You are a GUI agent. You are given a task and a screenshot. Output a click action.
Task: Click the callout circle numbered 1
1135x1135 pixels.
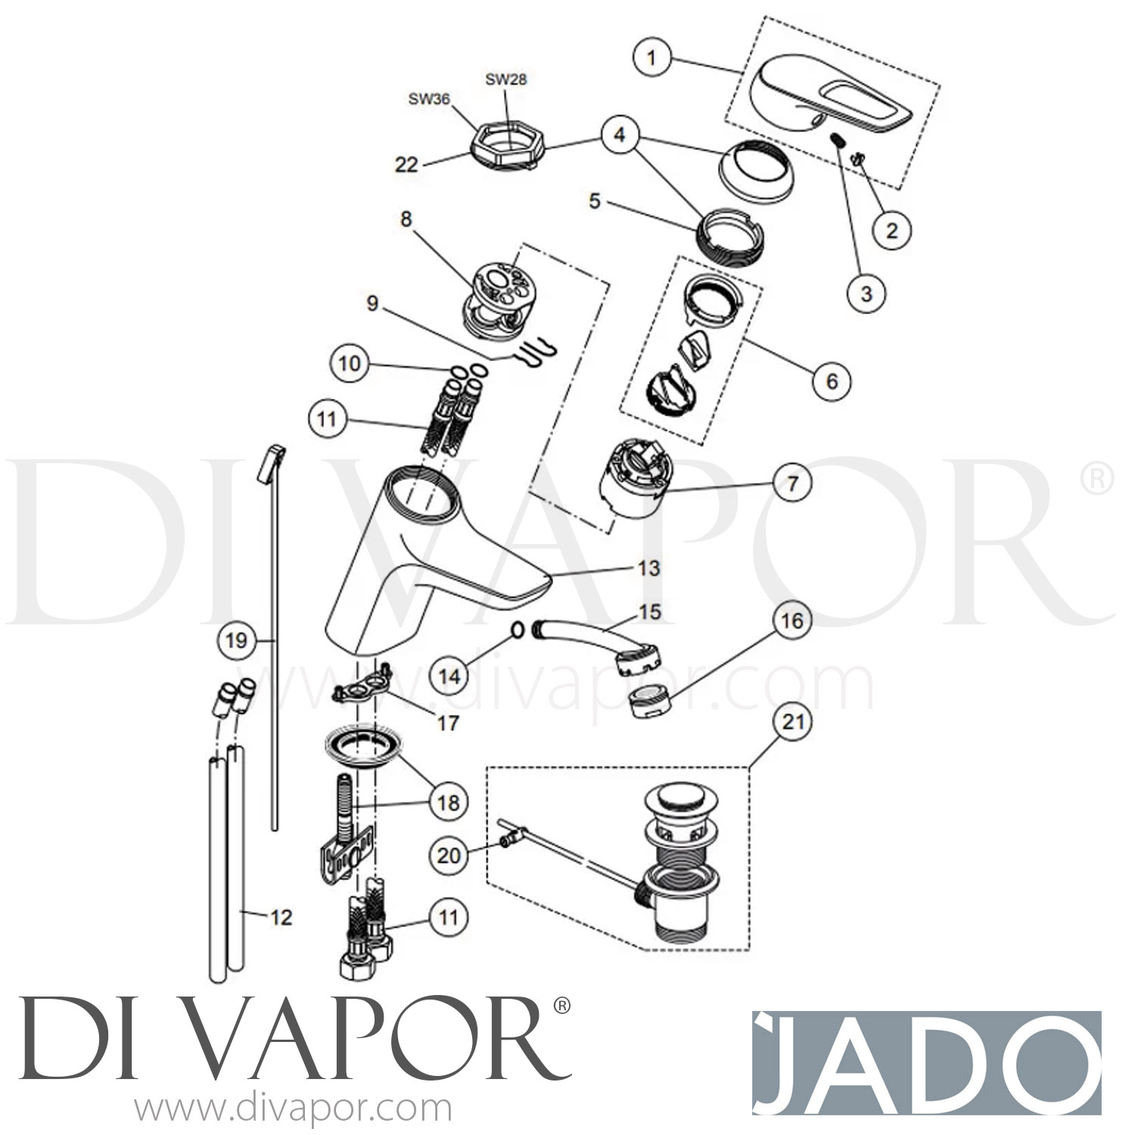pyautogui.click(x=652, y=57)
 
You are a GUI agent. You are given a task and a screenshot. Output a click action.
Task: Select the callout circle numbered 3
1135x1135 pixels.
pyautogui.click(x=866, y=293)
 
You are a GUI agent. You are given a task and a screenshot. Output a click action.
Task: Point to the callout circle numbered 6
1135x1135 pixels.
pyautogui.click(x=832, y=381)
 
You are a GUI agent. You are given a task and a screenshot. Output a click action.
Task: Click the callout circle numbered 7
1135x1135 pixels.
pyautogui.click(x=792, y=482)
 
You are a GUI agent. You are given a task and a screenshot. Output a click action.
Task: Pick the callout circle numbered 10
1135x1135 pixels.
pyautogui.click(x=350, y=364)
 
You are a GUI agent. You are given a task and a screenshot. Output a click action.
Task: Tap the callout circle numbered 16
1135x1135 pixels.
pyautogui.click(x=791, y=622)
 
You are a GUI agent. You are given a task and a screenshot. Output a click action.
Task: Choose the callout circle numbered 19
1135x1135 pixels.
pyautogui.click(x=236, y=641)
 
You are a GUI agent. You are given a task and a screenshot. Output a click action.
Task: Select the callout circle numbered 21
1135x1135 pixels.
pyautogui.click(x=792, y=723)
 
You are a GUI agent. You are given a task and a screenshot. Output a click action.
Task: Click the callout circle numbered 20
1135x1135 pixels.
pyautogui.click(x=449, y=855)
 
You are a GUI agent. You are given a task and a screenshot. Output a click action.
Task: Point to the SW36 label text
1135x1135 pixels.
pyautogui.click(x=429, y=99)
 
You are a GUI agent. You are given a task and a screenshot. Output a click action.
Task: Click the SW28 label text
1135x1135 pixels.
pyautogui.click(x=505, y=79)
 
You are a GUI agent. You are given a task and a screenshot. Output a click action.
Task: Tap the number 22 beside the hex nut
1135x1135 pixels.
pyautogui.click(x=406, y=163)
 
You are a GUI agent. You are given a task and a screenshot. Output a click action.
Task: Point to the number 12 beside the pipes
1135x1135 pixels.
pyautogui.click(x=281, y=918)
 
